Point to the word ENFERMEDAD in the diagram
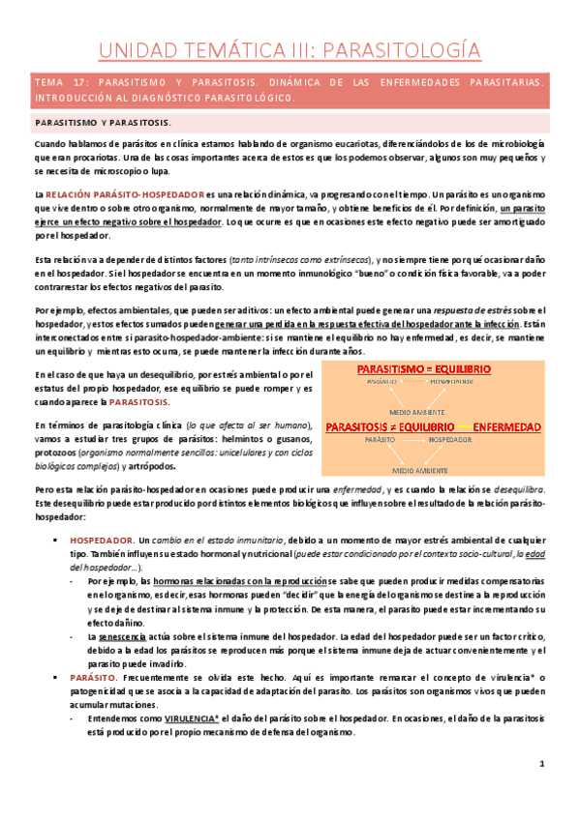[527, 426]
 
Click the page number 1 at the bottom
[544, 791]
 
